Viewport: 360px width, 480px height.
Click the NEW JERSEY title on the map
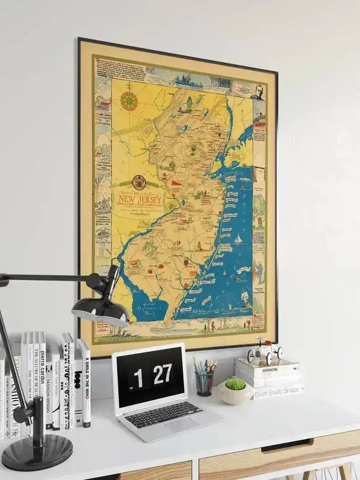140,199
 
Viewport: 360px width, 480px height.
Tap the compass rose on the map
129,101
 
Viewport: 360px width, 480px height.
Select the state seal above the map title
139,182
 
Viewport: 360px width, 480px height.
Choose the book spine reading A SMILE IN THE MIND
85,383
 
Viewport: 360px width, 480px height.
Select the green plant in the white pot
235,384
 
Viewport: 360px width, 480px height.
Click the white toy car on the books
264,351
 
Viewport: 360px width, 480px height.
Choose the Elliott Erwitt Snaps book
277,390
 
